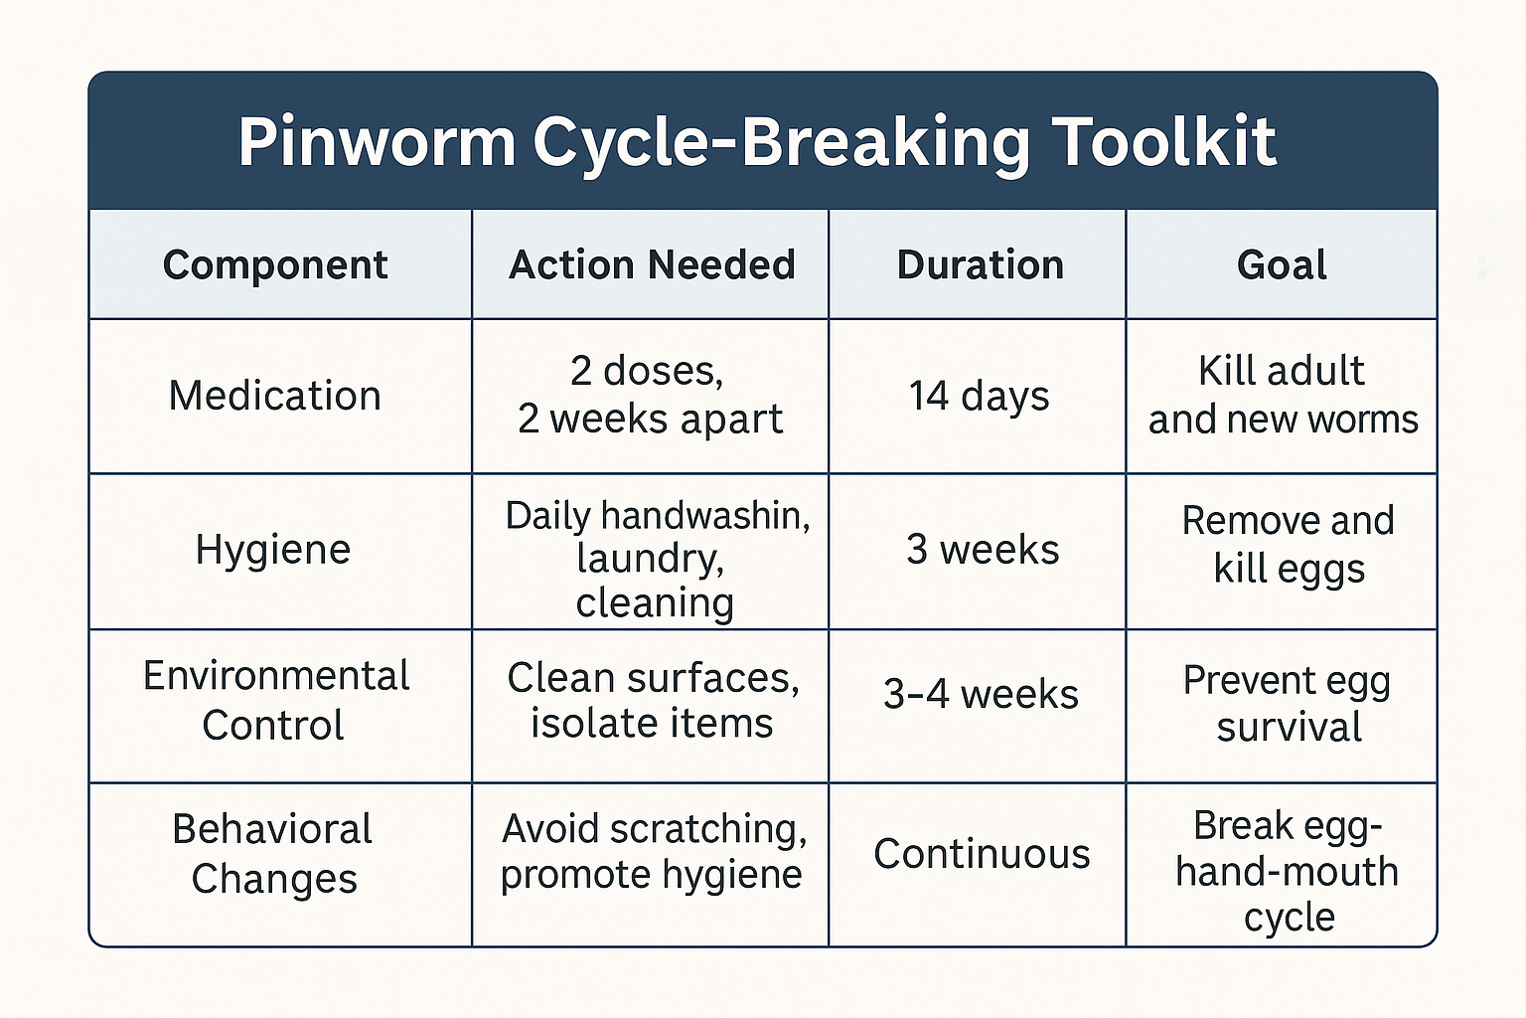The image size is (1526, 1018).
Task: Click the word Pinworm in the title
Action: click(377, 142)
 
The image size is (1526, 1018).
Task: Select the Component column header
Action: click(275, 265)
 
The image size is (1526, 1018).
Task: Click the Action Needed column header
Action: click(652, 265)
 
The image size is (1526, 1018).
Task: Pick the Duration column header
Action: click(980, 265)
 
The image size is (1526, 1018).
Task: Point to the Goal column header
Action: click(1282, 265)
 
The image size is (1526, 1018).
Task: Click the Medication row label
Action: click(275, 396)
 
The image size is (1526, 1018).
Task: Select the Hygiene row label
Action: click(273, 550)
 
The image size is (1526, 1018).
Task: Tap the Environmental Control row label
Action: click(275, 700)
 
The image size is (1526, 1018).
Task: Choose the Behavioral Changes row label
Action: click(273, 854)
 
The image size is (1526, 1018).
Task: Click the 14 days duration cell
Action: click(979, 396)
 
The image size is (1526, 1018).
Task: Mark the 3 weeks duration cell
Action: click(982, 550)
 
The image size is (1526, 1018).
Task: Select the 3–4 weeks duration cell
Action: click(981, 694)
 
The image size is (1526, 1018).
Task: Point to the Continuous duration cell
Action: click(982, 854)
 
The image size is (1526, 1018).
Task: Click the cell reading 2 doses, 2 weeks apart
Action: click(650, 395)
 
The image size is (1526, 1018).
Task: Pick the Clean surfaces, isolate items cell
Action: click(652, 700)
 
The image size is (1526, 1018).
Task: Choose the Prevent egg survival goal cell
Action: click(1288, 704)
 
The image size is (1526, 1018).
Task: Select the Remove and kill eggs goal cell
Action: click(1288, 545)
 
